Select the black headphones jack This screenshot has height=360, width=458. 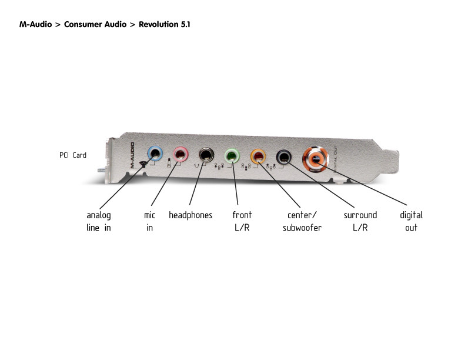pyautogui.click(x=206, y=155)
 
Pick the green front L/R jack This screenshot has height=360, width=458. pyautogui.click(x=233, y=156)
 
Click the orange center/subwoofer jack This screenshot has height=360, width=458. pyautogui.click(x=258, y=156)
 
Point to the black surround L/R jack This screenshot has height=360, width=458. pyautogui.click(x=284, y=156)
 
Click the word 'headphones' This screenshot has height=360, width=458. pyautogui.click(x=190, y=215)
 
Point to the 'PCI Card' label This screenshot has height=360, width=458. pyautogui.click(x=73, y=155)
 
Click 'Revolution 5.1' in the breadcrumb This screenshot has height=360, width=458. pyautogui.click(x=165, y=25)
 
